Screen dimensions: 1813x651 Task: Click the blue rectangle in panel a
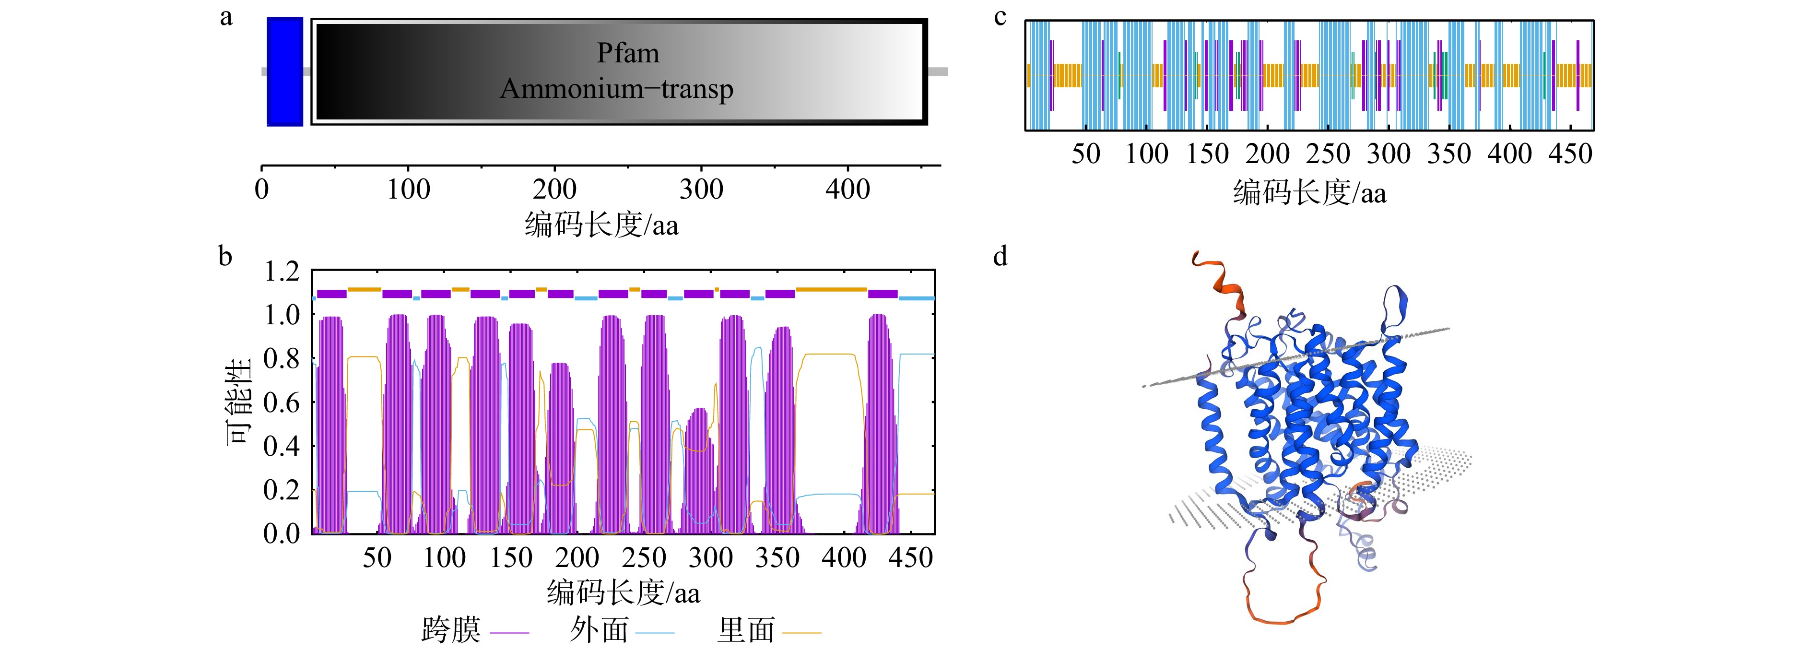coord(285,72)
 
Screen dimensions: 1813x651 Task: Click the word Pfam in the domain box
coord(628,53)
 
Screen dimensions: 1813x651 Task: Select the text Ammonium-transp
coord(616,89)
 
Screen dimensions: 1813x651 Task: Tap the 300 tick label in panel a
coord(701,189)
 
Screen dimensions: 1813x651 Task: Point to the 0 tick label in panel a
coord(262,189)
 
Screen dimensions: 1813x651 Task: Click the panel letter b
coord(225,256)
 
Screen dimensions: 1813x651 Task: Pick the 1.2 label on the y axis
coord(282,272)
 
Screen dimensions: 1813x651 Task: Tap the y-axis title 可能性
coord(238,402)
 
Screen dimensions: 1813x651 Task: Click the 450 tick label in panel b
coord(911,558)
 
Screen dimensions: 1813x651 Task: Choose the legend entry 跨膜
coord(474,630)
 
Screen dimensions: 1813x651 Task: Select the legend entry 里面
coord(769,630)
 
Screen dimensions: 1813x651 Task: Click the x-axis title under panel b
coord(624,592)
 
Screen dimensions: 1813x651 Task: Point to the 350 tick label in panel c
coord(1449,154)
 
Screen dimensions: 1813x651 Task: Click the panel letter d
coord(1000,256)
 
